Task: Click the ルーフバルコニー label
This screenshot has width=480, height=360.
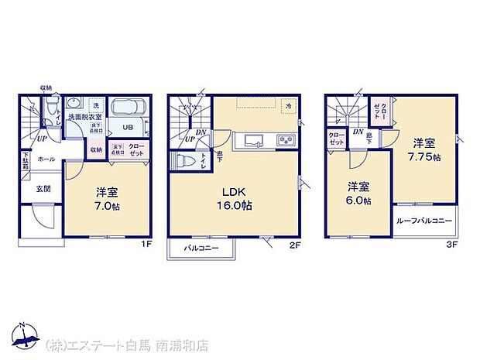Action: tap(423, 221)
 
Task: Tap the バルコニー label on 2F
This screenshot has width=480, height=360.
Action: tap(202, 249)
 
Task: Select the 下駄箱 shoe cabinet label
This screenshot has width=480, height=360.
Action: tap(25, 163)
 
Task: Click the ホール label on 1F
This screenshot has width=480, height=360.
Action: tap(46, 159)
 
